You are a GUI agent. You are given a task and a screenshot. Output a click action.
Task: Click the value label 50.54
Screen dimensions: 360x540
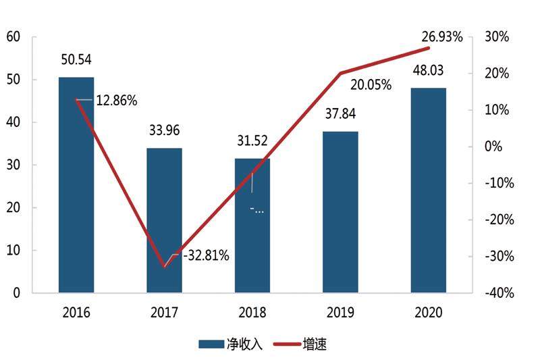click(76, 60)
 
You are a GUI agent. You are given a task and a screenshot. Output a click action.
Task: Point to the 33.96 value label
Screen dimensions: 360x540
click(164, 130)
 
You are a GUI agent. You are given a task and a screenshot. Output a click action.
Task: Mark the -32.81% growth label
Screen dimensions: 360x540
click(205, 255)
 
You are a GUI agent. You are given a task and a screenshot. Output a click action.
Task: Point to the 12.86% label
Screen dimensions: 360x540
click(116, 101)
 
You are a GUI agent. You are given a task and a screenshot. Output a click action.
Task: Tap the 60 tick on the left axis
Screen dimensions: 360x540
click(13, 36)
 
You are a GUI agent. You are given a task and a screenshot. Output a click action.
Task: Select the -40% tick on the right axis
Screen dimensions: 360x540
click(497, 293)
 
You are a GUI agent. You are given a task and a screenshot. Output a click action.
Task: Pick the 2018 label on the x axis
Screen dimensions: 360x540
click(252, 313)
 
